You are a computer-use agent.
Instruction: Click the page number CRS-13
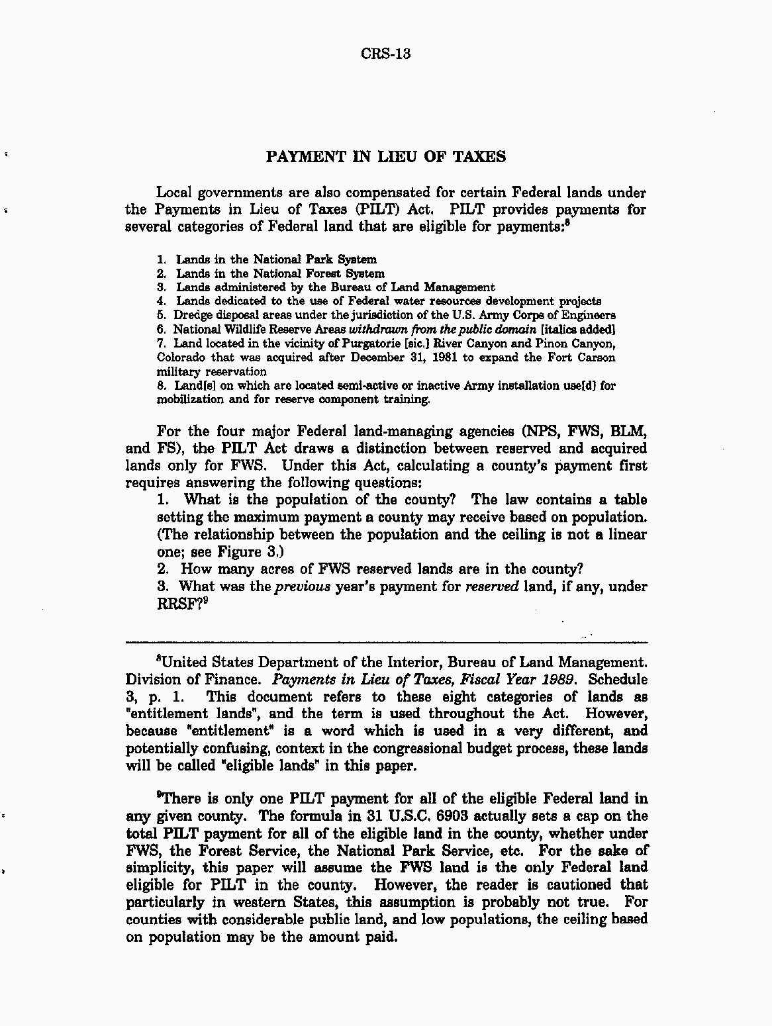coord(386,54)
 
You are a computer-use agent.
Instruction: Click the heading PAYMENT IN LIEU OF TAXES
coord(386,157)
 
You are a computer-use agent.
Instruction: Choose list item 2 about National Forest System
coord(271,273)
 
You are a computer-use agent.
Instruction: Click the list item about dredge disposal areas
coord(386,315)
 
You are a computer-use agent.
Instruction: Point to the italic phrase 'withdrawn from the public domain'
coord(442,329)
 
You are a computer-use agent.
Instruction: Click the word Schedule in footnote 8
coord(618,679)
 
